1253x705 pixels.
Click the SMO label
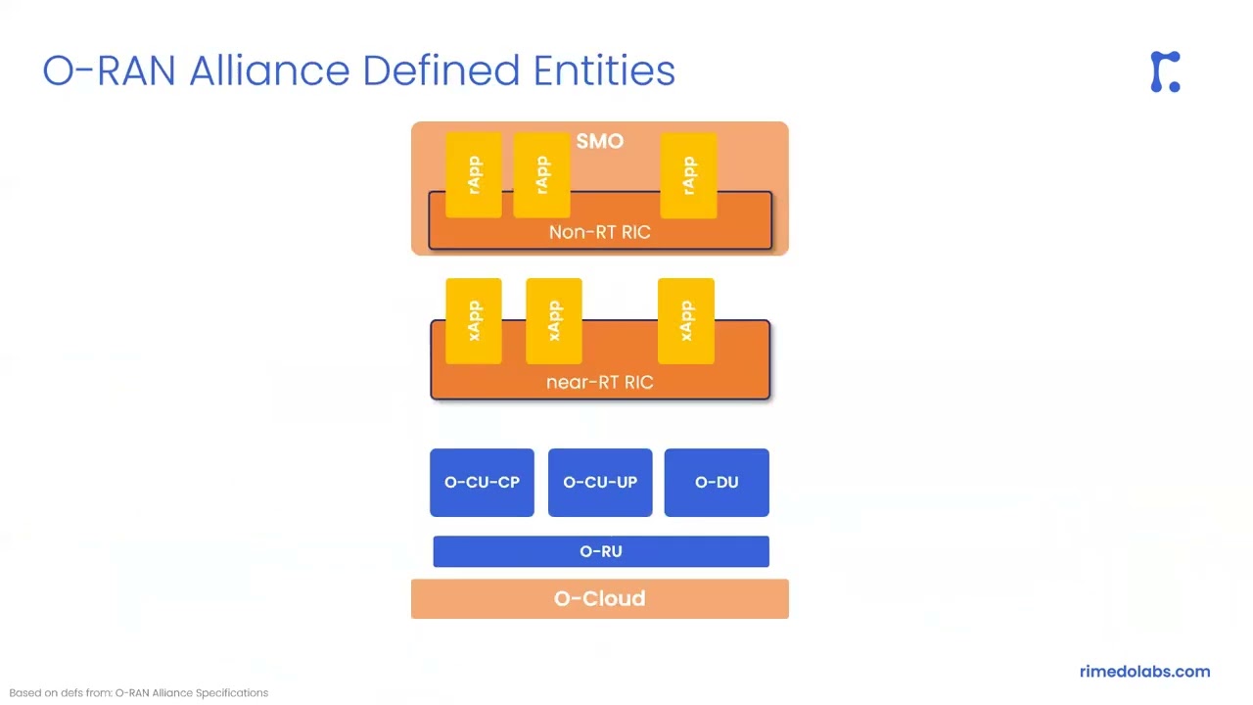point(599,141)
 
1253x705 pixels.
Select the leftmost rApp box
point(474,174)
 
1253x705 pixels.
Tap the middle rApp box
point(542,174)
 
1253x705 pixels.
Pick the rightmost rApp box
point(688,174)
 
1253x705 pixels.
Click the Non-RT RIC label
point(599,232)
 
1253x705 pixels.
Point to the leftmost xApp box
point(474,320)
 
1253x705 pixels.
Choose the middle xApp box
point(554,320)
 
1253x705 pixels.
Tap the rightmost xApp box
point(685,320)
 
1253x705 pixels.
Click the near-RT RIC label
point(599,382)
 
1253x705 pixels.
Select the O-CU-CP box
point(482,482)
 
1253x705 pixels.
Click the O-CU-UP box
point(600,482)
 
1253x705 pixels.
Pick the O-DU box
point(717,482)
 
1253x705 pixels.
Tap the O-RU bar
point(600,551)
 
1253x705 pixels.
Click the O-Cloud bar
point(599,598)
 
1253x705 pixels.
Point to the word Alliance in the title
point(269,70)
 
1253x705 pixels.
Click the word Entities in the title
point(604,70)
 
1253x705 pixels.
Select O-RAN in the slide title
point(109,70)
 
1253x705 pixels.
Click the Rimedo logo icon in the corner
point(1165,71)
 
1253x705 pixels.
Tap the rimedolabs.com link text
point(1144,672)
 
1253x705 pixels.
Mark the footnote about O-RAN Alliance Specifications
point(138,692)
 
